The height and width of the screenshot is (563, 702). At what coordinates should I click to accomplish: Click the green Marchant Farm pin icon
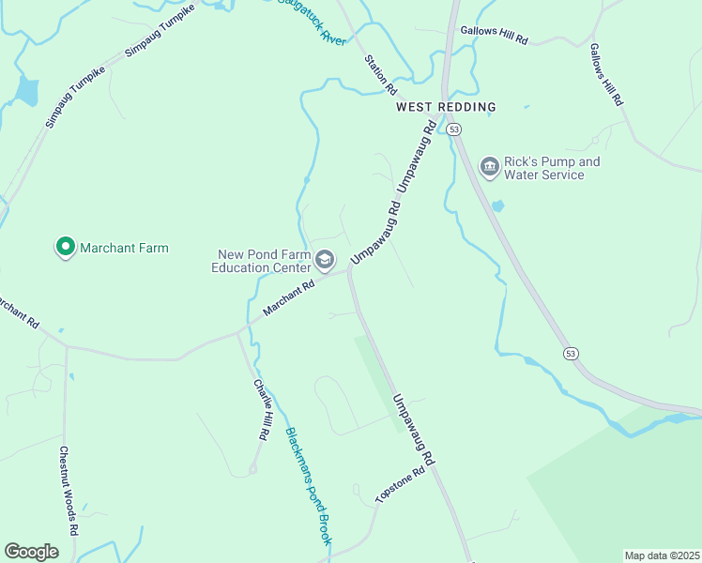point(65,248)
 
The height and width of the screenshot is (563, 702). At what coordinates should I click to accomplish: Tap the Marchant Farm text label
point(124,248)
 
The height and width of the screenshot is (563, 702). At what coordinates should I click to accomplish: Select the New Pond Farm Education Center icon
point(325,259)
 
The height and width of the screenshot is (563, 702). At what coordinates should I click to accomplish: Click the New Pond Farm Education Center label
point(263,261)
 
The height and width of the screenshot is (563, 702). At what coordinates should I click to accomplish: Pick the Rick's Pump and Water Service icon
point(489,167)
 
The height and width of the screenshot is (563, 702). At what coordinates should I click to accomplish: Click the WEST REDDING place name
point(446,107)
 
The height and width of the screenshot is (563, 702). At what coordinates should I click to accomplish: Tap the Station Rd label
point(381,74)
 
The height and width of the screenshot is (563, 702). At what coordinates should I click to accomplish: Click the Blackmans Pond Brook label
point(309,486)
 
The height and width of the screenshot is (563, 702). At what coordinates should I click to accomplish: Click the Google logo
point(32,552)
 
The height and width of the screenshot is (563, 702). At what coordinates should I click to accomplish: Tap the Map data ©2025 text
point(662,555)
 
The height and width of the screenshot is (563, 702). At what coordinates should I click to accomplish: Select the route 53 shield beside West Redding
point(454,129)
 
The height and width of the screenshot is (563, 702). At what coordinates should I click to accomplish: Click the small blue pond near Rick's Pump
point(497,205)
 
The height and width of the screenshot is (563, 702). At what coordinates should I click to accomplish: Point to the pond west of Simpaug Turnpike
point(26,90)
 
